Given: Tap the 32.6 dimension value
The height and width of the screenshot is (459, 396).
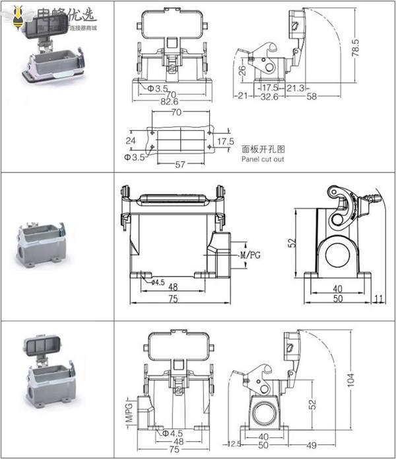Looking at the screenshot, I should (x=269, y=97).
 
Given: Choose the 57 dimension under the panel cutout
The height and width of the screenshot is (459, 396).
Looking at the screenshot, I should (x=181, y=165).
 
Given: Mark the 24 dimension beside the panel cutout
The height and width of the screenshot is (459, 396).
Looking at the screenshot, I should (x=131, y=141).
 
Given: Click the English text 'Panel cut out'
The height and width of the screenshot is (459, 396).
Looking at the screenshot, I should (x=263, y=159).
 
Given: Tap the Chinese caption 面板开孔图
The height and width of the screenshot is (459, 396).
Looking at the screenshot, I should (x=263, y=149).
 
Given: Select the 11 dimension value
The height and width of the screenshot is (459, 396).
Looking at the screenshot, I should (x=378, y=300).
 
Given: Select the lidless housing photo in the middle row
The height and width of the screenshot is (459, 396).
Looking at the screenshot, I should (x=40, y=243).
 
